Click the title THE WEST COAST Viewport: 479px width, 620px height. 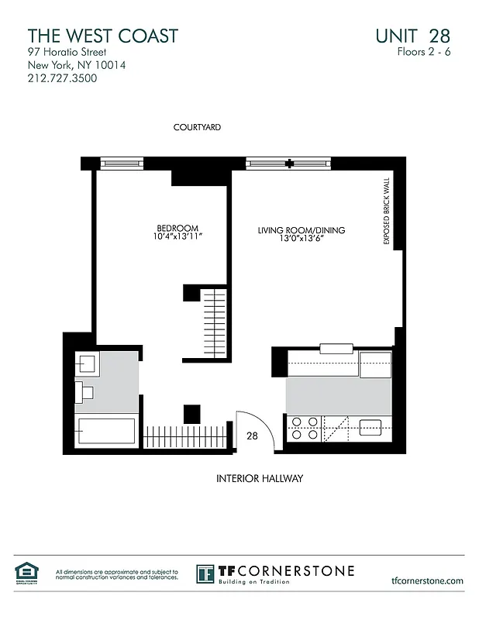tap(102, 36)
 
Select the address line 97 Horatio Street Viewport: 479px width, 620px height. tap(67, 52)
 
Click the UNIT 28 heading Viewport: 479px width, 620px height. tap(412, 36)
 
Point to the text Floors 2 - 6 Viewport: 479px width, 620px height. tap(422, 53)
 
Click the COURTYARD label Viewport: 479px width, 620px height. tap(198, 127)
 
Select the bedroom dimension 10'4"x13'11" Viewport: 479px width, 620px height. tap(178, 238)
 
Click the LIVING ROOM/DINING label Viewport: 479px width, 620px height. tap(302, 230)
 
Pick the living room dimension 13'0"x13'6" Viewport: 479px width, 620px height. tap(302, 239)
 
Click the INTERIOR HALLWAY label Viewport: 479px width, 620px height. tap(259, 479)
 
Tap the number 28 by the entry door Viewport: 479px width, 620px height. tap(252, 436)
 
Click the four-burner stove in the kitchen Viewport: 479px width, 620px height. tap(305, 429)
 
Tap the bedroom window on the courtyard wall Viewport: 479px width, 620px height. tap(122, 163)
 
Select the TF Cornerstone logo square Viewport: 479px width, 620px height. tap(205, 574)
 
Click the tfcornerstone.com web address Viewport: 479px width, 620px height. tap(428, 580)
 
